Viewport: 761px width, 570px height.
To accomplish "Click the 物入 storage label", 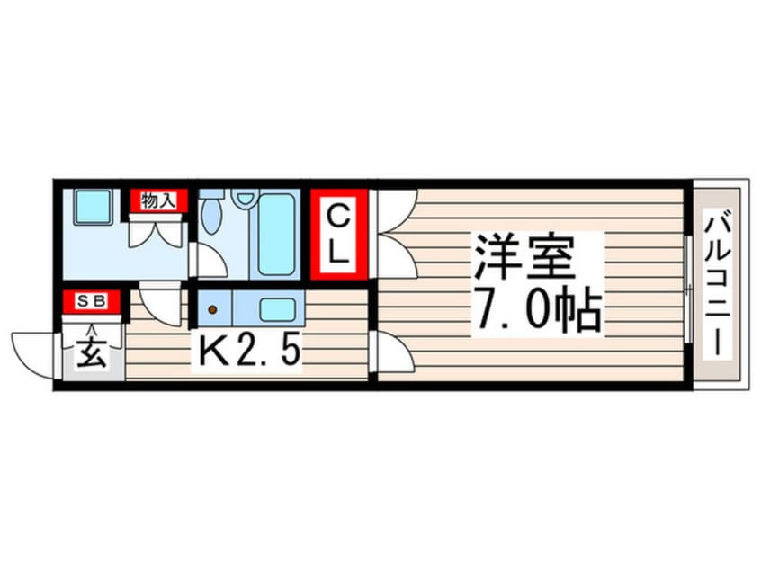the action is [158, 200].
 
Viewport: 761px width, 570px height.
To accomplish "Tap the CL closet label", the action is [338, 235].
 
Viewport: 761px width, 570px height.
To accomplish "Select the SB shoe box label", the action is [92, 301].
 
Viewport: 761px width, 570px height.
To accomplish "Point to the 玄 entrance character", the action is [92, 352].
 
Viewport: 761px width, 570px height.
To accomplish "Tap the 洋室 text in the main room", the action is [524, 256].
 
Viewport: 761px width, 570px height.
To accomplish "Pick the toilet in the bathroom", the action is [211, 212].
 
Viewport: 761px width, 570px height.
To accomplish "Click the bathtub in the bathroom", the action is [276, 235].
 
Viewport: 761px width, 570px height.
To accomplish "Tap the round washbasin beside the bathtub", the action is [245, 198].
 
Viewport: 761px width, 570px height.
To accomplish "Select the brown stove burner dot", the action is [212, 309].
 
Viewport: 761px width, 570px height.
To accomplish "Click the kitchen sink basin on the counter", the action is [277, 309].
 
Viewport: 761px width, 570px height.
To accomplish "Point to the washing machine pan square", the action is [94, 207].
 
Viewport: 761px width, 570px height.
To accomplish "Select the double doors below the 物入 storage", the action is [157, 235].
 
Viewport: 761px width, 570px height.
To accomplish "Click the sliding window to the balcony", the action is [688, 289].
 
